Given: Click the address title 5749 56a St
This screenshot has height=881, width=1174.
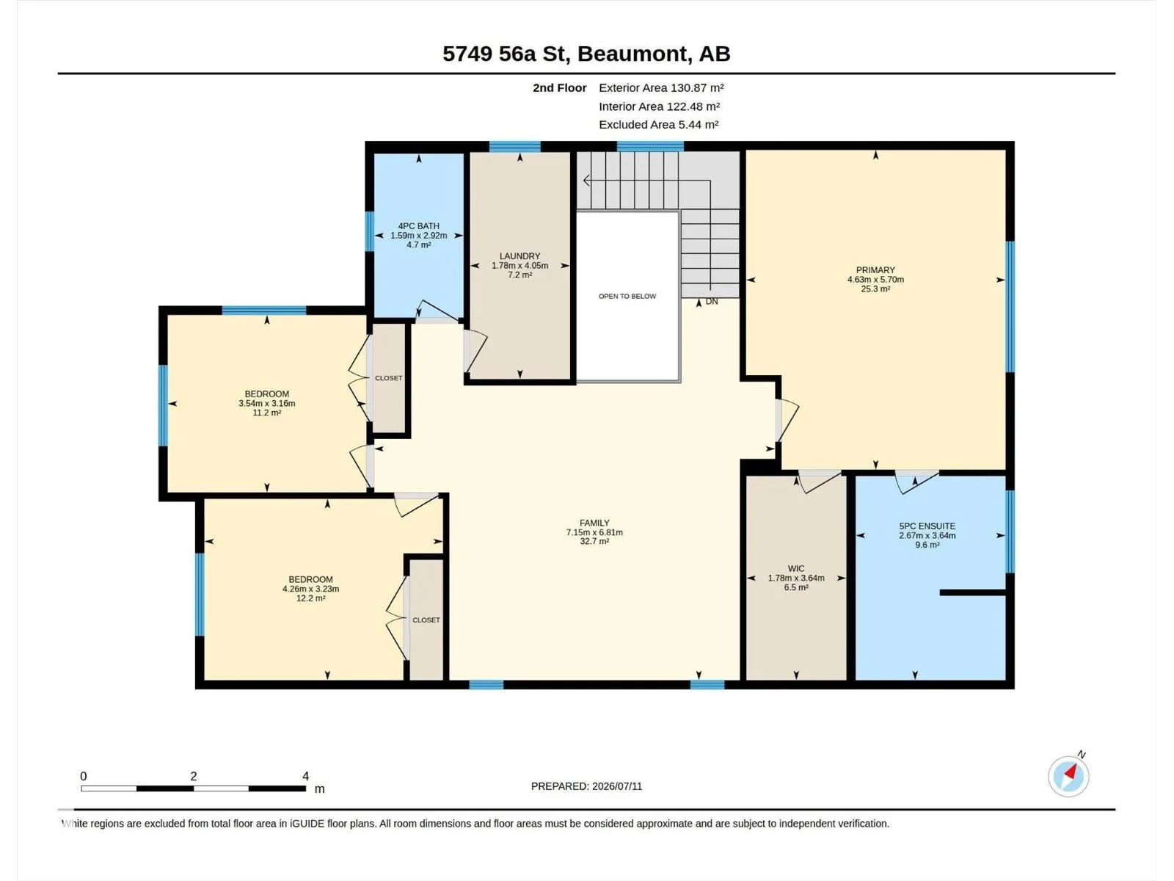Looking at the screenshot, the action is pyautogui.click(x=504, y=54).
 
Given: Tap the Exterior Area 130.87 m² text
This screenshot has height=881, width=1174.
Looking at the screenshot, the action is pyautogui.click(x=661, y=87).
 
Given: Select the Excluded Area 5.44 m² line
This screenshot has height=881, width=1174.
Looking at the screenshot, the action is pyautogui.click(x=658, y=125).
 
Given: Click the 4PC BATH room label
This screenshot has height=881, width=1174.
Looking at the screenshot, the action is pyautogui.click(x=418, y=226).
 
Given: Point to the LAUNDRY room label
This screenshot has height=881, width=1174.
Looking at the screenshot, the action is pyautogui.click(x=520, y=256).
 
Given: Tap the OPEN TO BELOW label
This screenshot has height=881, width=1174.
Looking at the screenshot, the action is pyautogui.click(x=627, y=297).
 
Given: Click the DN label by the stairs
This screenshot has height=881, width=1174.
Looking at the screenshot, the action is pyautogui.click(x=712, y=302).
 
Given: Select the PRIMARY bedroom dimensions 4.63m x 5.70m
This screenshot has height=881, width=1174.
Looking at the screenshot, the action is pyautogui.click(x=875, y=280).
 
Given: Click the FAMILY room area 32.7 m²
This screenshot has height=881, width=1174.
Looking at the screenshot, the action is pyautogui.click(x=594, y=541).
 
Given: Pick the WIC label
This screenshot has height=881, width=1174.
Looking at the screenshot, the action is pyautogui.click(x=796, y=568).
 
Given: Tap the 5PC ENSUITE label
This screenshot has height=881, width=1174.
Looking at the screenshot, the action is pyautogui.click(x=927, y=526).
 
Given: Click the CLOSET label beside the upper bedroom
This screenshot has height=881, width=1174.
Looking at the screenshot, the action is pyautogui.click(x=388, y=378).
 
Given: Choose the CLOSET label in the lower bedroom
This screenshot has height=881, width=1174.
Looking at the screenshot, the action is pyautogui.click(x=426, y=620).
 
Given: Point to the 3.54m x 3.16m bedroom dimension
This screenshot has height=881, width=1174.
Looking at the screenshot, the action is pyautogui.click(x=267, y=403).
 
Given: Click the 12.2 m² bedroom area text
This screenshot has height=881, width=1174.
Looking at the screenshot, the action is pyautogui.click(x=311, y=598).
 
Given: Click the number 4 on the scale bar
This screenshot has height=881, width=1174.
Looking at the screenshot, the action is pyautogui.click(x=305, y=776).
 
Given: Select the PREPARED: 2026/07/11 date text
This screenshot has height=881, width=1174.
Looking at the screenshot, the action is pyautogui.click(x=586, y=786).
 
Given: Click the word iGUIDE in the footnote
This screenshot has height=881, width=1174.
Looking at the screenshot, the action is pyautogui.click(x=307, y=824).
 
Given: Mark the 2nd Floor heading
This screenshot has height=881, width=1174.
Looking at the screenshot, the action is pyautogui.click(x=559, y=87).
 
